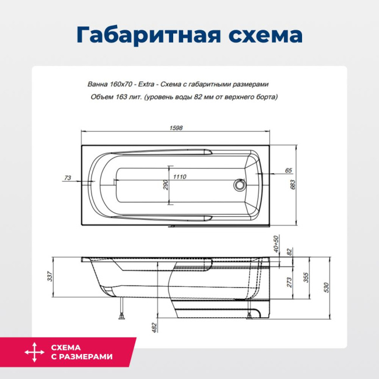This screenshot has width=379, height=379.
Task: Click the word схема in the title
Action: click(264, 35)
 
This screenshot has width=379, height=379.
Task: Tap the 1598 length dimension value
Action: click(176, 128)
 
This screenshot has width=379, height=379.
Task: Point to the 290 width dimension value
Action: click(166, 185)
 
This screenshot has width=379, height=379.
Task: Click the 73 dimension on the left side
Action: click(68, 177)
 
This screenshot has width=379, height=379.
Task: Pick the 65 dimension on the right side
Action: click(288, 170)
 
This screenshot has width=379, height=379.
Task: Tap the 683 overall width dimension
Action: click(293, 184)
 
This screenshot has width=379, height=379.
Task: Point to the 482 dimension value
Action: click(154, 327)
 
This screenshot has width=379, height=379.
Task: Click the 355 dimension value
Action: click(306, 278)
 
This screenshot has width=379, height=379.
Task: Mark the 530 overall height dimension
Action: click(327, 287)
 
